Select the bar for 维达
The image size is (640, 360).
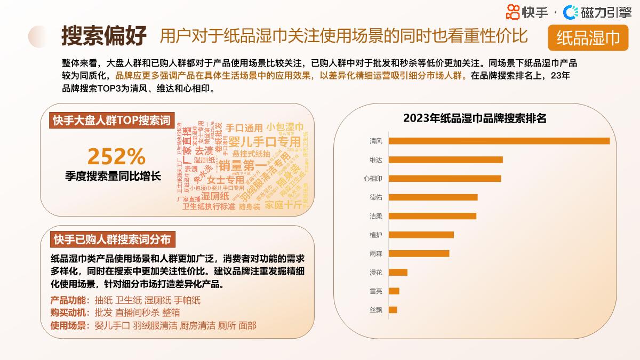(x=445, y=159)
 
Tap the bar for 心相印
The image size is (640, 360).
(x=444, y=178)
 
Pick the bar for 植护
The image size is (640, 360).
(x=421, y=235)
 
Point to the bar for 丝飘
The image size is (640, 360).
(x=393, y=310)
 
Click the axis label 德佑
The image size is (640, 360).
(x=375, y=197)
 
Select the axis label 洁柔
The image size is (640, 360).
(x=375, y=216)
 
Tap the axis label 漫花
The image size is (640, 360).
(x=375, y=273)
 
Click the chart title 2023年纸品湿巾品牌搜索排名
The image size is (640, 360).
(x=475, y=118)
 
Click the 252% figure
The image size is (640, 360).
(x=116, y=156)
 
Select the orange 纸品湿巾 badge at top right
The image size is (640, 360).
(x=588, y=37)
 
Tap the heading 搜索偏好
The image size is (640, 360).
(x=103, y=36)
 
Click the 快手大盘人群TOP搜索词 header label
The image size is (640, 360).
(x=111, y=121)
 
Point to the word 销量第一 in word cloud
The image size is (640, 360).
(x=243, y=165)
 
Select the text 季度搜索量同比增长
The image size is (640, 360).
(x=113, y=176)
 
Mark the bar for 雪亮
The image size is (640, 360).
(x=394, y=291)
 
